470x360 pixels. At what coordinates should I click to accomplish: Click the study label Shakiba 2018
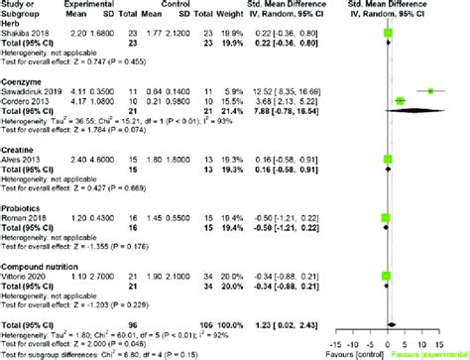click(x=22, y=34)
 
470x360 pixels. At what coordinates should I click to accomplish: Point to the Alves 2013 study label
click(x=19, y=157)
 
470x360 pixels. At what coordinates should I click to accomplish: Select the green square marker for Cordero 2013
click(x=401, y=100)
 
